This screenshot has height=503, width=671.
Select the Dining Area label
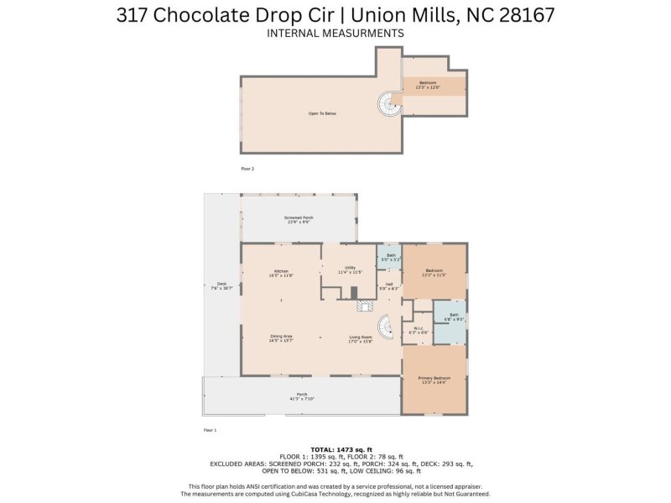[280, 338]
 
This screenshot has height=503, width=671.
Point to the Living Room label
[361, 338]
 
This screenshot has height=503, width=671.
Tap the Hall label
[389, 286]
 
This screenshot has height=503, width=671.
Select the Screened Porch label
[298, 220]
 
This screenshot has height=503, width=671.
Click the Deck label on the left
[222, 286]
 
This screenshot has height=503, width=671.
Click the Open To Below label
[322, 113]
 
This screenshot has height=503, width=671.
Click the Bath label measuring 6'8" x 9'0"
[454, 317]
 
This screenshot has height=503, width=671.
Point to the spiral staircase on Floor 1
[385, 327]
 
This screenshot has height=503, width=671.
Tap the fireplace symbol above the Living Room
[362, 307]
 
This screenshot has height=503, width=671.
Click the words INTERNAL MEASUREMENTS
[335, 33]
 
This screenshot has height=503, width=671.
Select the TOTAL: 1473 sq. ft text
[335, 449]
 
